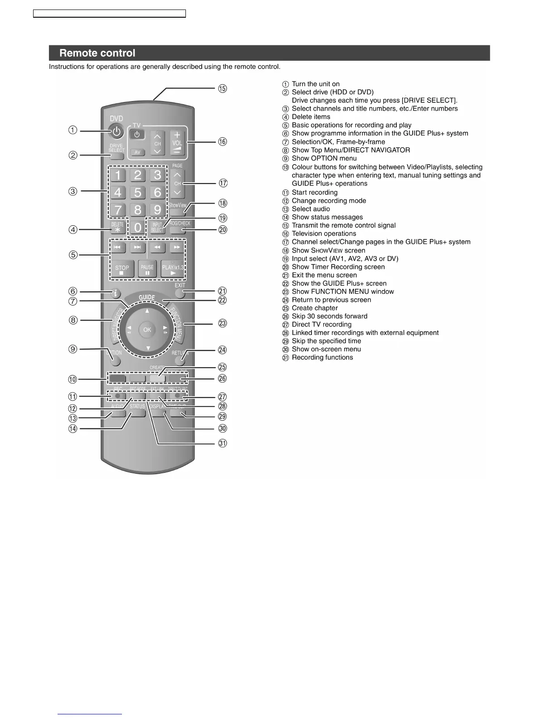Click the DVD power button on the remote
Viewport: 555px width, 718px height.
pyautogui.click(x=117, y=132)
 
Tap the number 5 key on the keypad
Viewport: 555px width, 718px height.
pyautogui.click(x=137, y=192)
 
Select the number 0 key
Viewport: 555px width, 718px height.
pyautogui.click(x=137, y=228)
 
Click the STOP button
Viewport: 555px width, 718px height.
pyautogui.click(x=122, y=270)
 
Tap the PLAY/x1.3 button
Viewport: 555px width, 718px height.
pyautogui.click(x=173, y=270)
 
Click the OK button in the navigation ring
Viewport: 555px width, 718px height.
pyautogui.click(x=147, y=330)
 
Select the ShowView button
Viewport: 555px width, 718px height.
pyautogui.click(x=177, y=207)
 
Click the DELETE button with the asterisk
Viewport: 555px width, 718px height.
pyautogui.click(x=117, y=228)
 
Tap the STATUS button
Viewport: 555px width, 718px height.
pyautogui.click(x=137, y=409)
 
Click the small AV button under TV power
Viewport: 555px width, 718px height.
pyautogui.click(x=137, y=152)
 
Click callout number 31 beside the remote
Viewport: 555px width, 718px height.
pyautogui.click(x=223, y=443)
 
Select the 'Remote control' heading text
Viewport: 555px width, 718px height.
pyautogui.click(x=97, y=53)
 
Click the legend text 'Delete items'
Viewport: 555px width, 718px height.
pyautogui.click(x=311, y=117)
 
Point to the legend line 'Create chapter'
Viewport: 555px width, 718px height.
pyautogui.click(x=315, y=308)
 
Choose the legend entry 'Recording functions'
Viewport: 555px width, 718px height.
pyautogui.click(x=322, y=358)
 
